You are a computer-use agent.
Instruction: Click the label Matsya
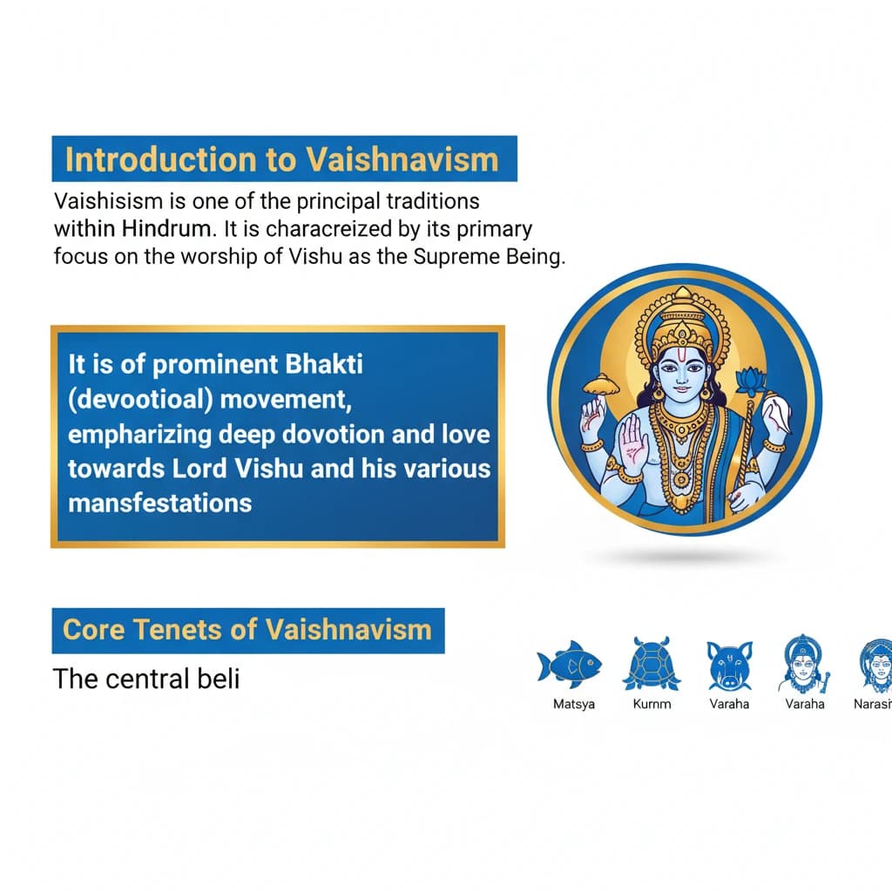(574, 704)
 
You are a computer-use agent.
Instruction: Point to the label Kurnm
(652, 704)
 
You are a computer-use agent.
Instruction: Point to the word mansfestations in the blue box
(160, 503)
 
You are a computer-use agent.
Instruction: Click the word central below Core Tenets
(145, 678)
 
